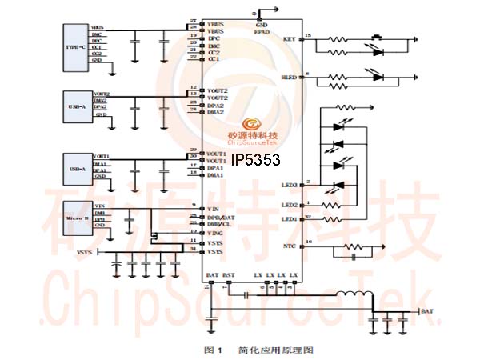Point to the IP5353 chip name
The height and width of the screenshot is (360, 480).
click(x=255, y=160)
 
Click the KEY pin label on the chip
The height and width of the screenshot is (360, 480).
click(x=290, y=38)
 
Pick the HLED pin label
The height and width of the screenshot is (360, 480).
click(x=288, y=78)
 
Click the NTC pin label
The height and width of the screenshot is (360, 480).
click(x=289, y=246)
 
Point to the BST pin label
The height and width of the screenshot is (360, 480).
click(x=229, y=275)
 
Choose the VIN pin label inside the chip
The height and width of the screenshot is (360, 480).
click(x=213, y=208)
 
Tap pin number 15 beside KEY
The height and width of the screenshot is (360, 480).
click(x=308, y=34)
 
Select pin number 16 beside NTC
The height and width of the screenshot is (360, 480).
click(x=309, y=242)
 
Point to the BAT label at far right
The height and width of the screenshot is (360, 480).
click(x=428, y=310)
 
